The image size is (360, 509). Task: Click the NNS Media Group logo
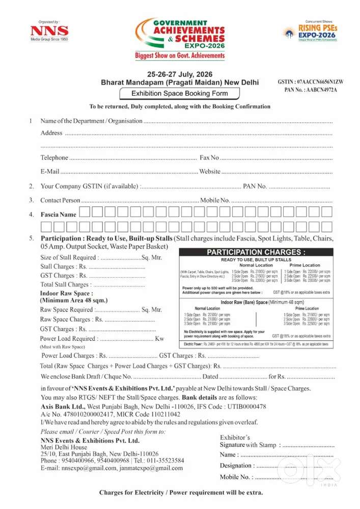coord(49,32)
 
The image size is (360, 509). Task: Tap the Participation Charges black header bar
coord(256,252)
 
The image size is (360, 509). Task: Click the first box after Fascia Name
coord(85,212)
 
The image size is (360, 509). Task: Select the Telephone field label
coord(54,158)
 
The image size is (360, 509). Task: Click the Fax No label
coord(209,158)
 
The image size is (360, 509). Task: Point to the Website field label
coord(210,172)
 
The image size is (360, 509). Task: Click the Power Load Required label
coord(68,338)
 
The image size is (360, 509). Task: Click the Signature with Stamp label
coord(248,445)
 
